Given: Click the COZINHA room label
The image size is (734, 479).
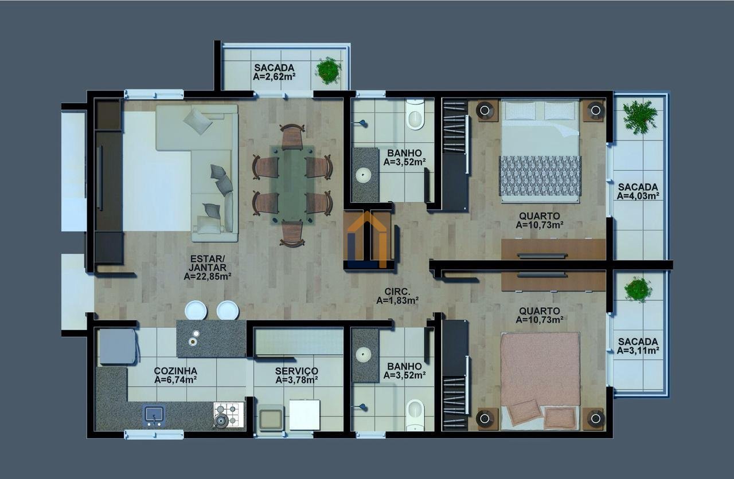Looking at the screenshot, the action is [175, 371].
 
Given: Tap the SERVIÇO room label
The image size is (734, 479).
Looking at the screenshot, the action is [296, 371].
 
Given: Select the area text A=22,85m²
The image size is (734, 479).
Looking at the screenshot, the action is [208, 277].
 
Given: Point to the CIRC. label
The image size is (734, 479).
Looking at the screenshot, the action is [397, 292].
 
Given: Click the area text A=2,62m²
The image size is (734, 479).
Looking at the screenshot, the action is [275, 77].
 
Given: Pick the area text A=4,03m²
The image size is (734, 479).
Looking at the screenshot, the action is [638, 196].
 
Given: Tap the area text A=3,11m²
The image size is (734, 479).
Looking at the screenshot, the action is [638, 350].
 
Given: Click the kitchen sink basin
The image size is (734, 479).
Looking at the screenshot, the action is [154, 415].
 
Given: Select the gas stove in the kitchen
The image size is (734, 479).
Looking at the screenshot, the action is [229, 415].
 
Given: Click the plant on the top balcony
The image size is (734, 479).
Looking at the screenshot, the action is [328, 70].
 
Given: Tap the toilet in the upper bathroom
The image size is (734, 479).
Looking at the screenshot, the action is [415, 114].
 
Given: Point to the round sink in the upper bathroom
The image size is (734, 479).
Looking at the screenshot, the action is [364, 175].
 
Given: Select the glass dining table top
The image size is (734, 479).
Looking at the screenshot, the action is [292, 185].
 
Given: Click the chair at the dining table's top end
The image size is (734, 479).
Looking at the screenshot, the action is [292, 136].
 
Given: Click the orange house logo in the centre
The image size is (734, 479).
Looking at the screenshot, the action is [367, 239].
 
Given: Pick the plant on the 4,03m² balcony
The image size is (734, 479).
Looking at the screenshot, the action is [640, 117].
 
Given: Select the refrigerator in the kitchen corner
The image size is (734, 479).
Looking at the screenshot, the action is [118, 346].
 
